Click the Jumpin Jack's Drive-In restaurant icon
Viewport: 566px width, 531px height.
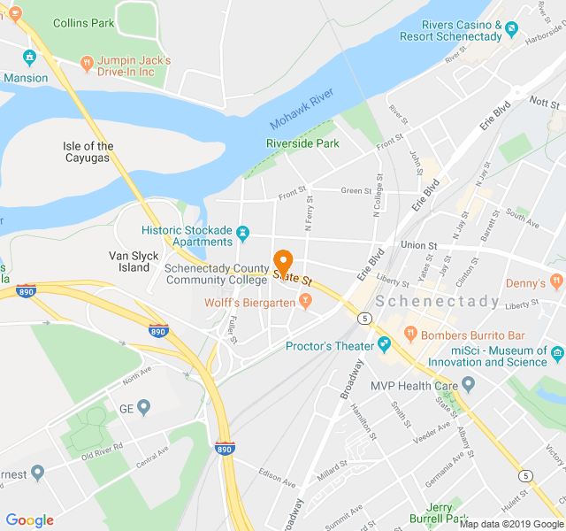pos(87,63)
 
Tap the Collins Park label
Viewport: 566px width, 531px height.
pos(83,23)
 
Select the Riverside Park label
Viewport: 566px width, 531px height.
pos(302,143)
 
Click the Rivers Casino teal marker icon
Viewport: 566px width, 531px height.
pos(512,32)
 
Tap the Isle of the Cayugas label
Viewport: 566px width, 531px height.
pos(88,152)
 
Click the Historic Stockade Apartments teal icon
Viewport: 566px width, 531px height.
pos(243,235)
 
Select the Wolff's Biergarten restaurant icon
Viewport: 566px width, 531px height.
pos(305,302)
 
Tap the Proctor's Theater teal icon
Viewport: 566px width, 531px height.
pos(384,343)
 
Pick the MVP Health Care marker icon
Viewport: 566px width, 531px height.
pos(469,383)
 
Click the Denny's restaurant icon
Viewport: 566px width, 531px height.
pos(556,281)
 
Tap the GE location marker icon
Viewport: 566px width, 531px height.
pos(143,407)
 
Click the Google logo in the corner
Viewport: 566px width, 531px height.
pos(29,520)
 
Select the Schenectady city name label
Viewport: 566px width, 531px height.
pos(438,302)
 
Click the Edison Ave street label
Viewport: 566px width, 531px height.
pos(276,478)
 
